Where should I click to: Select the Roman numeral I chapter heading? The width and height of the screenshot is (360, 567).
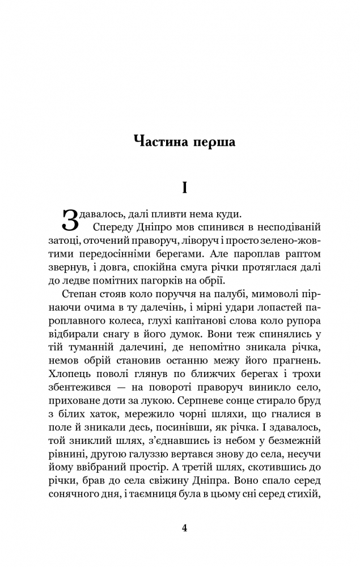point(184,188)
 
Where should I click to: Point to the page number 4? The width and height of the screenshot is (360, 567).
point(184,527)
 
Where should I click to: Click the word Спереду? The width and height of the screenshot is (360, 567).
point(113,227)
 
